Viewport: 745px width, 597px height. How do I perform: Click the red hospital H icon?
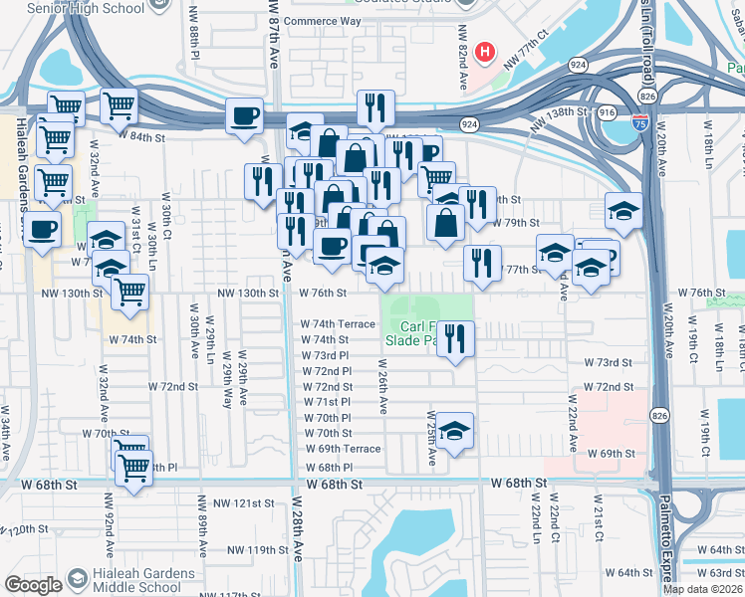tap(485, 51)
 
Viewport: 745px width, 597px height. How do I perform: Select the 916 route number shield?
tap(607, 114)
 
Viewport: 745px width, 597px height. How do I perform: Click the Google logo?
tap(33, 584)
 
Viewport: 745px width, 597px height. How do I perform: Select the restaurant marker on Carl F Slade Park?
tap(455, 336)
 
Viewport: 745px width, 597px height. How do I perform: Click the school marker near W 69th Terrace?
tap(455, 432)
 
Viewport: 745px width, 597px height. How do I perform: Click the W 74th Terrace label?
tap(339, 324)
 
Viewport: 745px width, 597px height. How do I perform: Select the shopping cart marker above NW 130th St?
tap(129, 293)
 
